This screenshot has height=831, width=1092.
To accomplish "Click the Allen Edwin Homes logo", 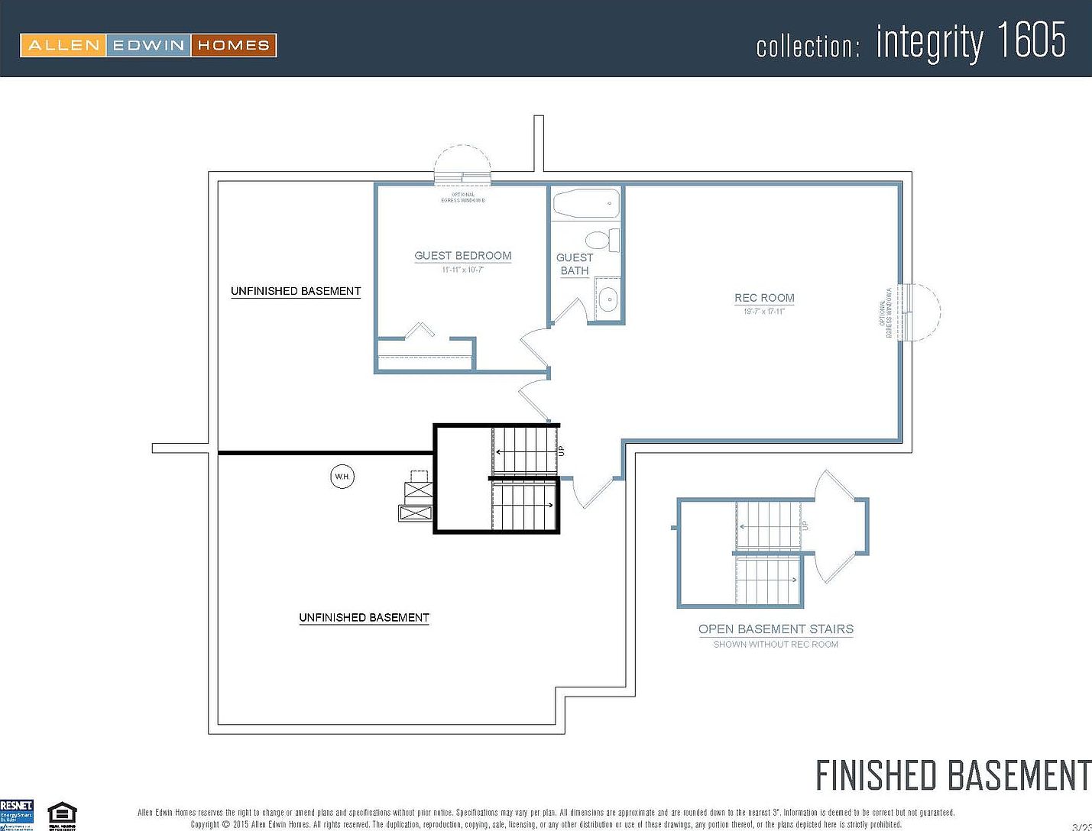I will tap(148, 45).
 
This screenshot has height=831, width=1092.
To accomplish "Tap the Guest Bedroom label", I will tap(462, 256).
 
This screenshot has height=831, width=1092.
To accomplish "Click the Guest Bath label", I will tap(575, 264).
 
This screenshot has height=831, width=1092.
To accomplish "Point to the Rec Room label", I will tap(764, 298).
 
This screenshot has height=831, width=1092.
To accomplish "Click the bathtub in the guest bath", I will tap(586, 204).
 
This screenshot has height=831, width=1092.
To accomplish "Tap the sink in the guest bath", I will tap(608, 300).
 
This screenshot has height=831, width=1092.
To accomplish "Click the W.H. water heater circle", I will tap(342, 477).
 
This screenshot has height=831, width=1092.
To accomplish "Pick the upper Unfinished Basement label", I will tap(296, 291).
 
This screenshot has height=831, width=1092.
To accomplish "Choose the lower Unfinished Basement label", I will tap(364, 617).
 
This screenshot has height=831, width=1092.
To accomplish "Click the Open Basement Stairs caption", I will tap(776, 629).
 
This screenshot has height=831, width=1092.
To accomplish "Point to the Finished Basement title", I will tap(952, 775).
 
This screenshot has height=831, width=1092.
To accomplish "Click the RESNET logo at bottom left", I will tap(17, 812).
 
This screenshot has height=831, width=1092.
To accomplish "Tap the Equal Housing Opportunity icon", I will tap(62, 815).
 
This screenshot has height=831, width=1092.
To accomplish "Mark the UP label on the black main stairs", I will tap(562, 451).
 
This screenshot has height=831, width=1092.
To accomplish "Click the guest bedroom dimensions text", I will tap(462, 270).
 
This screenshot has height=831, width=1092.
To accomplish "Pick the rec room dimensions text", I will tap(764, 312).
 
